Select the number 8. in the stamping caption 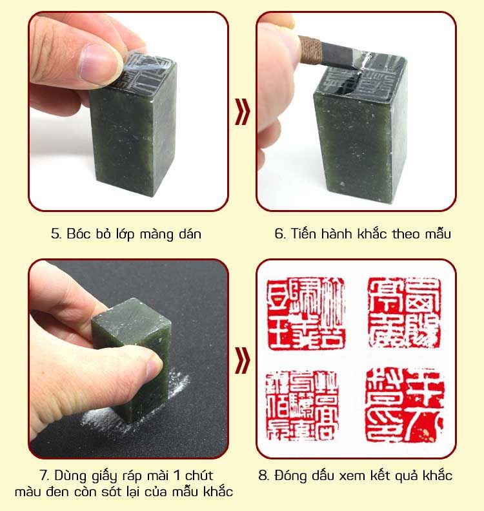(x=264, y=476)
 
